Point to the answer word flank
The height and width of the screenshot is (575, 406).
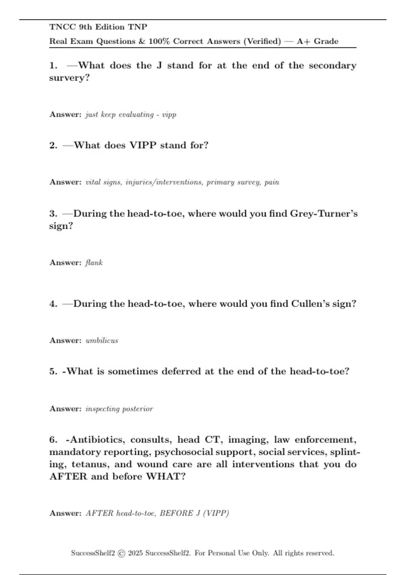[x=94, y=262]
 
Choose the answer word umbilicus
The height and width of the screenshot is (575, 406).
[x=102, y=340]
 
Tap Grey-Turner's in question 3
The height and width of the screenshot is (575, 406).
[x=324, y=213]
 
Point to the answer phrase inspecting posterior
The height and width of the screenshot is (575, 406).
[x=119, y=409]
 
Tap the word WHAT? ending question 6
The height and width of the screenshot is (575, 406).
[x=166, y=476]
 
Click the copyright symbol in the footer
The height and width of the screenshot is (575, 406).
[x=121, y=553]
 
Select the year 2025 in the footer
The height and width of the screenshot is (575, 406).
[x=135, y=553]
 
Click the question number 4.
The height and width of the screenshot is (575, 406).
[x=53, y=303]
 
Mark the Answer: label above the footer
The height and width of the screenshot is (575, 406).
[x=65, y=513]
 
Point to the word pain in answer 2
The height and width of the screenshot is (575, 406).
[x=272, y=182]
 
